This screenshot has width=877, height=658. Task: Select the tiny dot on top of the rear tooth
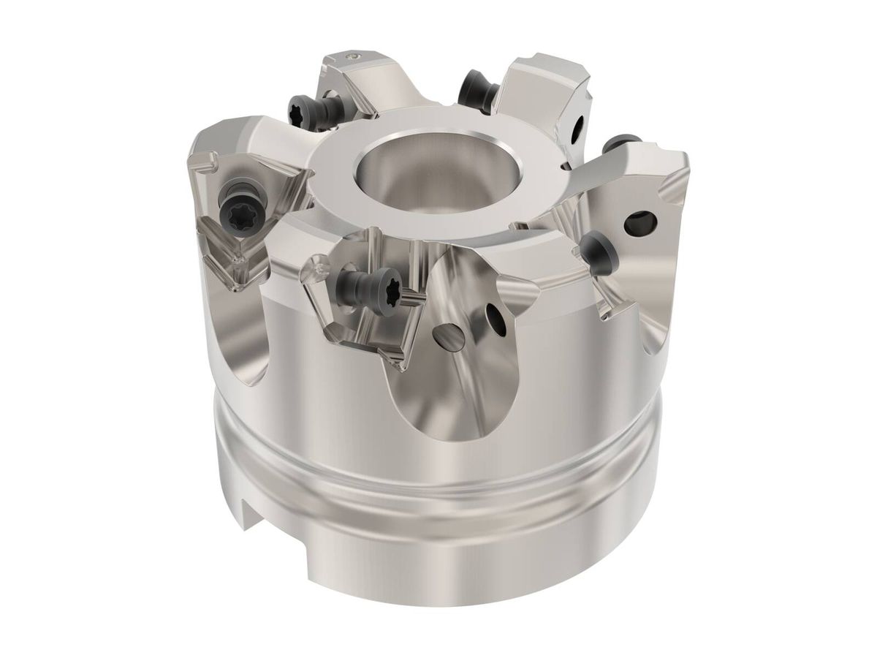tap(353, 56)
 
